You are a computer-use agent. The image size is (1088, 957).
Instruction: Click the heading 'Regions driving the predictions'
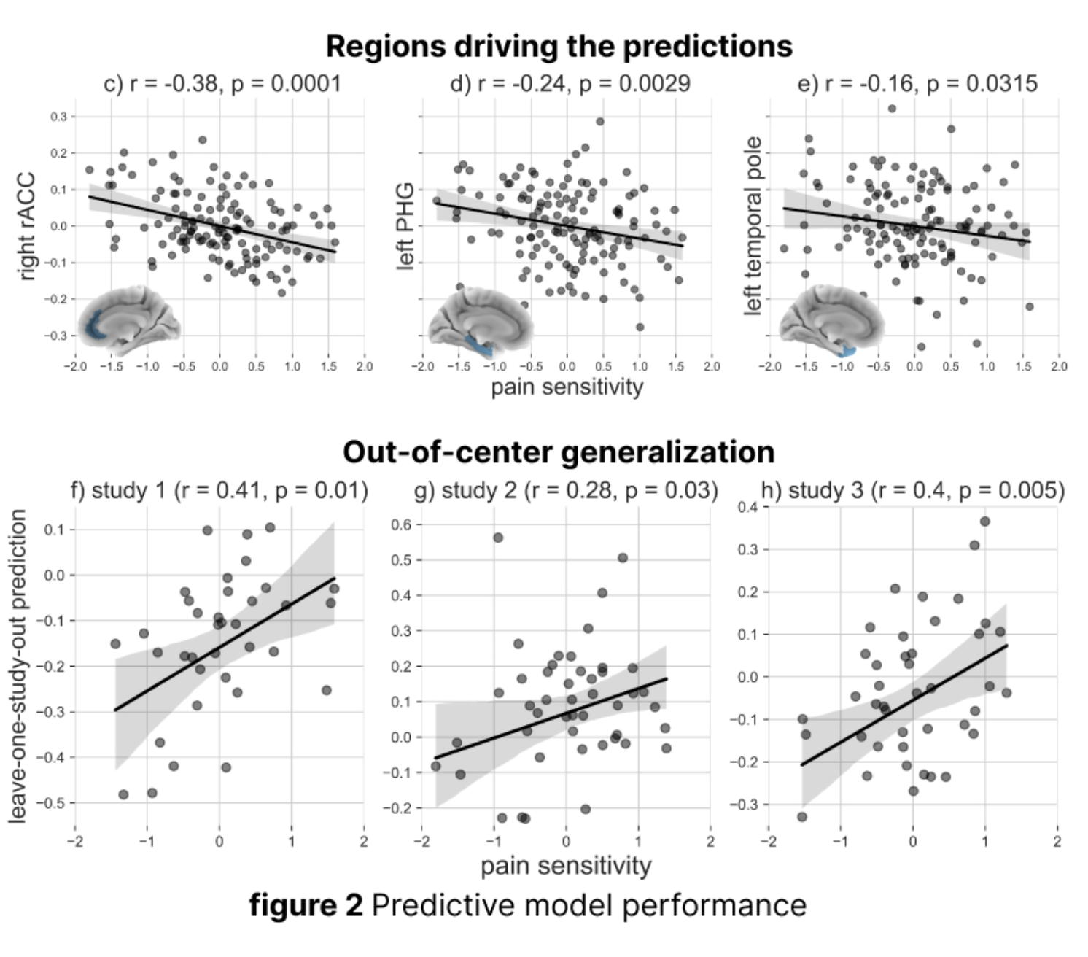pos(559,46)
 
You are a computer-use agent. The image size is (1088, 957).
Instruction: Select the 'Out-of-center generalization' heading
pos(559,452)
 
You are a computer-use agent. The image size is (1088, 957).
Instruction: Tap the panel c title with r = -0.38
pos(222,84)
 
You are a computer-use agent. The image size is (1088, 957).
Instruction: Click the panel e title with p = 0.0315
pos(917,84)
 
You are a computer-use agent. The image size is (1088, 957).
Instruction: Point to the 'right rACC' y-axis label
pos(26,226)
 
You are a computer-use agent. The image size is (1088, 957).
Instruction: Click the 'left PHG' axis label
pos(405,226)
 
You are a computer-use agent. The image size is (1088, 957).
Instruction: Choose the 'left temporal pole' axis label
pos(753,226)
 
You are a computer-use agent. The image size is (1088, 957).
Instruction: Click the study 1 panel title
pos(219,490)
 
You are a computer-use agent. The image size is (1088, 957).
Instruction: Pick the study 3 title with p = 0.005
pos(912,490)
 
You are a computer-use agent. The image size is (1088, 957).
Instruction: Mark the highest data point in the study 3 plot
pos(984,522)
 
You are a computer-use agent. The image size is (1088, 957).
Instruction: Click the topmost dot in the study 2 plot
pos(498,538)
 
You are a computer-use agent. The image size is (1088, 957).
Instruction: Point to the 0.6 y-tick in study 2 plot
pos(401,524)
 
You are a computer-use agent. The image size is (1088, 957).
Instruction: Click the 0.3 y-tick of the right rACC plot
pos(58,117)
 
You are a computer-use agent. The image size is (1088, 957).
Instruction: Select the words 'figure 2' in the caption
pos(306,905)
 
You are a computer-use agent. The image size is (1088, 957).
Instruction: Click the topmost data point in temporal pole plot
pos(892,109)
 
